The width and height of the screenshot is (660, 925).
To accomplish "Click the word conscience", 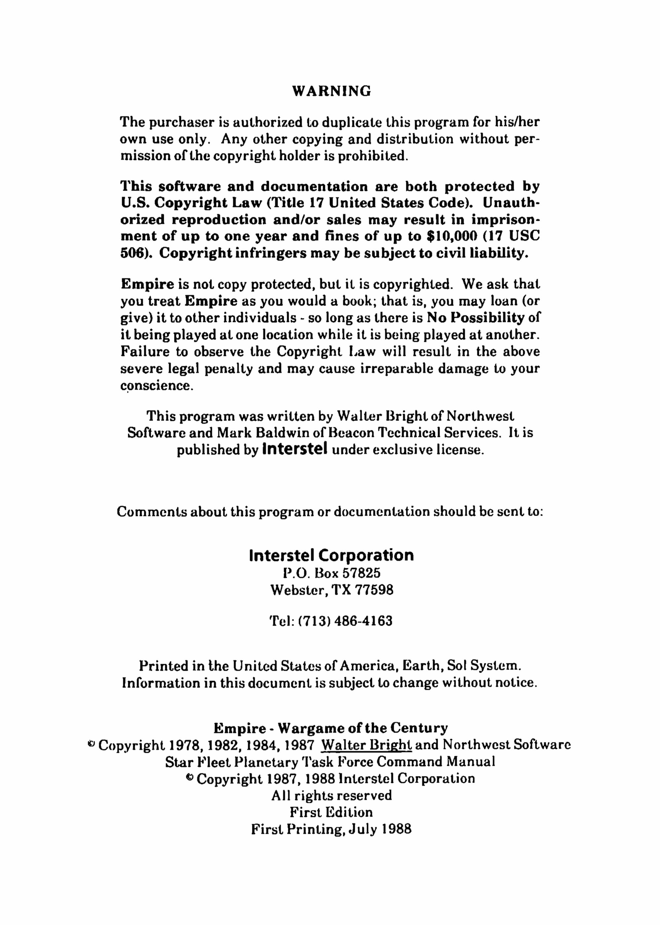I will pyautogui.click(x=156, y=385).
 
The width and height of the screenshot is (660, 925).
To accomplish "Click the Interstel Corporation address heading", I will pyautogui.click(x=331, y=555).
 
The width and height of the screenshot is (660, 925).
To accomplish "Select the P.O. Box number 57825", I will pyautogui.click(x=361, y=573).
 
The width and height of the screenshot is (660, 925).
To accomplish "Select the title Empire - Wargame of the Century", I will pyautogui.click(x=330, y=727).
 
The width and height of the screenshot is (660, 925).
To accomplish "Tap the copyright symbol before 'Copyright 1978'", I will pyautogui.click(x=92, y=744).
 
